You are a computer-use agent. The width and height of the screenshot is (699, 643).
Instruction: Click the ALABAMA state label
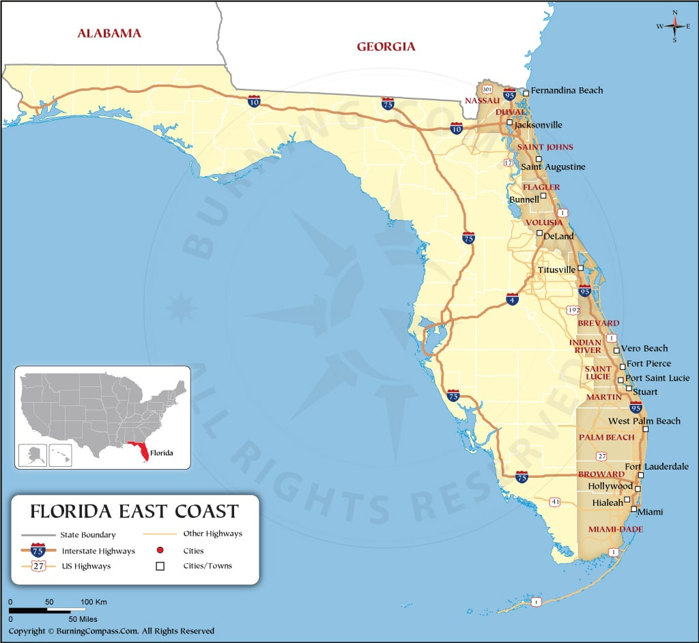coord(109,33)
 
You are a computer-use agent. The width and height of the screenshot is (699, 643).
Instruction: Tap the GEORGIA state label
coord(386,46)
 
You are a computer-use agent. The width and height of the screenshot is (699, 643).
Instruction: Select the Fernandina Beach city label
coord(567,90)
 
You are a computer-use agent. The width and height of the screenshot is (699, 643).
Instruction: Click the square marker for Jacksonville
coord(510,123)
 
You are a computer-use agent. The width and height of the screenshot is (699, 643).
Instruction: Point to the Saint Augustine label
coord(553,167)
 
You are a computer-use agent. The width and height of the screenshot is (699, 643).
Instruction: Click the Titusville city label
coord(556,270)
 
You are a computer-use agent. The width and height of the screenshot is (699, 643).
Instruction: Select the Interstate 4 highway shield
coord(512,298)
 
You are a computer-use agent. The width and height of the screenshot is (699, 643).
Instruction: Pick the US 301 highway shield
coord(487,89)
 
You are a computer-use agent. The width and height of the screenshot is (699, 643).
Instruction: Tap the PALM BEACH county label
coord(606,437)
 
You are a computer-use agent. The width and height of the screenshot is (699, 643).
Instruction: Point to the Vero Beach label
coord(644,348)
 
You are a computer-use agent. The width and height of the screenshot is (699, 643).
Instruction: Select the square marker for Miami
coord(634,509)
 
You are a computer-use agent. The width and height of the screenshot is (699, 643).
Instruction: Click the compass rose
coord(674,26)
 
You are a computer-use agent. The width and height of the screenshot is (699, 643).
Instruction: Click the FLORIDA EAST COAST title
coord(134,511)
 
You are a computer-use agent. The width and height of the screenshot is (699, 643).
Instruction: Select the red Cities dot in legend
coord(161,550)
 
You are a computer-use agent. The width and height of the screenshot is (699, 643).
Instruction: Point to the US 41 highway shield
coord(555,502)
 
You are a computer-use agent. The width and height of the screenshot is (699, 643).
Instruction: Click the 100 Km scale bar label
coord(94,602)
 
